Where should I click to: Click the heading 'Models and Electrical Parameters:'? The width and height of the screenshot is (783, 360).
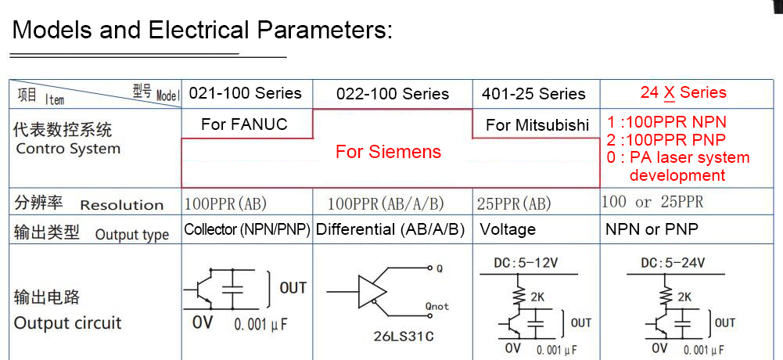(203, 30)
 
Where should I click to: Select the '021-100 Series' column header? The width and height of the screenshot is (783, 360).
(245, 93)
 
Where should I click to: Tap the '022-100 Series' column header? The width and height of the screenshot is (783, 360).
(393, 94)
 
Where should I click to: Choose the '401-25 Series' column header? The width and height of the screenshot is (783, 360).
(533, 94)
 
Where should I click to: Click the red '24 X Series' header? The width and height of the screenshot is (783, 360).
(683, 92)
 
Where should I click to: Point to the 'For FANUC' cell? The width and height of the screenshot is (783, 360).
(244, 124)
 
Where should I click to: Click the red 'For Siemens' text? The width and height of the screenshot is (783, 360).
(389, 152)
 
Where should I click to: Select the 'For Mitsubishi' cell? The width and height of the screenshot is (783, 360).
(537, 125)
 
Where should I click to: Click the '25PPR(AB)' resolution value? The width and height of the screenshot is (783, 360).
(514, 203)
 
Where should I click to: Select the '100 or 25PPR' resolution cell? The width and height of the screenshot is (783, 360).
(652, 202)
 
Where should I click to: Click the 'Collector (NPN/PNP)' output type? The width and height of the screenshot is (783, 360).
(247, 229)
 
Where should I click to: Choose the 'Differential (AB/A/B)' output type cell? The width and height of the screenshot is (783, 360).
(390, 229)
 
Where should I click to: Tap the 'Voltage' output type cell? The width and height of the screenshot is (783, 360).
(508, 229)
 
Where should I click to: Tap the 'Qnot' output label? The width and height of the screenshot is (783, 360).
(437, 306)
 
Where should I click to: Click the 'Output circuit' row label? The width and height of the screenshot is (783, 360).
(67, 323)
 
